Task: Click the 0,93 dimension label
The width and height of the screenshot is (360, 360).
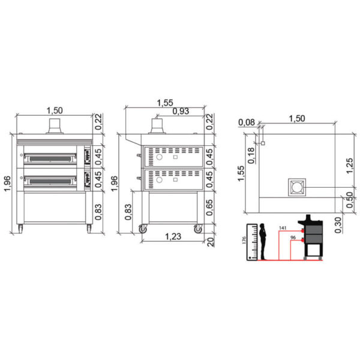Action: (181, 111)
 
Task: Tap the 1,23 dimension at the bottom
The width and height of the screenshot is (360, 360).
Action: (173, 236)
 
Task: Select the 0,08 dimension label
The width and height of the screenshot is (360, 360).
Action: (247, 122)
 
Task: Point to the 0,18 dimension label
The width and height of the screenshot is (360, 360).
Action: (251, 155)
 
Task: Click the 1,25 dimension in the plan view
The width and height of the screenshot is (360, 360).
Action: (349, 166)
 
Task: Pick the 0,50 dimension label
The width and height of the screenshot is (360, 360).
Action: (350, 200)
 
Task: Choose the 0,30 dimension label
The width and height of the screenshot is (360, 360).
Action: (338, 225)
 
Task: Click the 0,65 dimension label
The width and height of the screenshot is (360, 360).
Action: (209, 208)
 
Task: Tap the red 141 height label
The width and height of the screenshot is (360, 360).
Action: (283, 228)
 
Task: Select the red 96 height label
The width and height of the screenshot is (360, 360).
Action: (293, 238)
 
